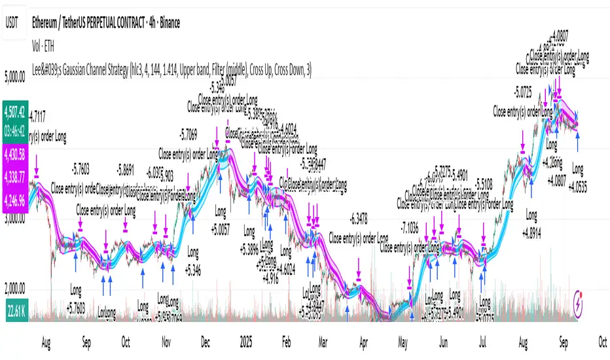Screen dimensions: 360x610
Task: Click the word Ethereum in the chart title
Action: (51, 22)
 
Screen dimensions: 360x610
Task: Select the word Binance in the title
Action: (166, 22)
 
